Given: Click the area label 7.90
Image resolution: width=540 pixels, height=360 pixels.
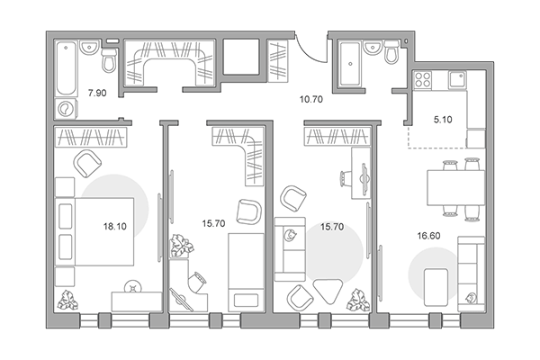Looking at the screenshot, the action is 97,93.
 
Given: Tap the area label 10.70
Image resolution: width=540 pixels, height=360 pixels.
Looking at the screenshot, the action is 311,100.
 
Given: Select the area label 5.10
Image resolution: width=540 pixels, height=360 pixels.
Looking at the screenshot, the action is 443,120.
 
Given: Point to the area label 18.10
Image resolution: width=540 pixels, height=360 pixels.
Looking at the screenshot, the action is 115,226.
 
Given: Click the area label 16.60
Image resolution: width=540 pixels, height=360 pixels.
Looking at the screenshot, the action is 428,236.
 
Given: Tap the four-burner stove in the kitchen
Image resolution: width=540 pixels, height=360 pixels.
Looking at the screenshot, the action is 422,79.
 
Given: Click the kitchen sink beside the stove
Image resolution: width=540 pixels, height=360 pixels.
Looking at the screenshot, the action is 456,79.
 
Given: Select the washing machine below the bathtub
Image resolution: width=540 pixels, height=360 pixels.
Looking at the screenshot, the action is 66,109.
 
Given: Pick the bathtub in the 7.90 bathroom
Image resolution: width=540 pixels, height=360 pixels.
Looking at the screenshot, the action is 67,67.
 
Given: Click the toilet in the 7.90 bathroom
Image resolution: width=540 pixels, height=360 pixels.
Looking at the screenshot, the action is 109,60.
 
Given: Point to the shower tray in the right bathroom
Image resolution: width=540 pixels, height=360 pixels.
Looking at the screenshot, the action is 350,63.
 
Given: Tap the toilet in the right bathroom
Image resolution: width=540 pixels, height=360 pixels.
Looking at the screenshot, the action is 391,51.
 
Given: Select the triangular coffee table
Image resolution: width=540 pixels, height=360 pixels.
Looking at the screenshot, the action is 328,291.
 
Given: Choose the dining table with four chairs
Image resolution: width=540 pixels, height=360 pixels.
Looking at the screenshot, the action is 455,188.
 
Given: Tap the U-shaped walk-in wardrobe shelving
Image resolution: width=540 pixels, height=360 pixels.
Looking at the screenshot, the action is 169,63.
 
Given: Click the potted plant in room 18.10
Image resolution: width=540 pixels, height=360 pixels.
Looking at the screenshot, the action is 67,300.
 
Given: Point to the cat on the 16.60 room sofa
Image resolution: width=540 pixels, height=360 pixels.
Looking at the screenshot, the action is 471,297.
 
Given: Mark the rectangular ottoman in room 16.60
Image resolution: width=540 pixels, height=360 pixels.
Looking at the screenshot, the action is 436,287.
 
